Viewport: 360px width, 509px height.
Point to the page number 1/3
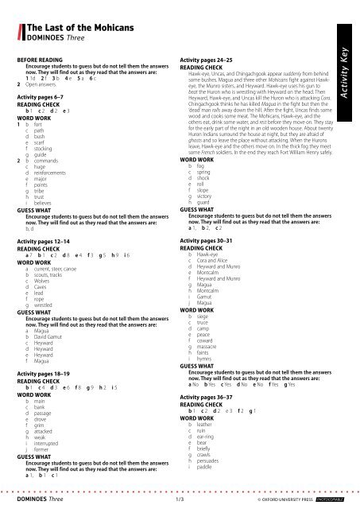coord(180,501)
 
